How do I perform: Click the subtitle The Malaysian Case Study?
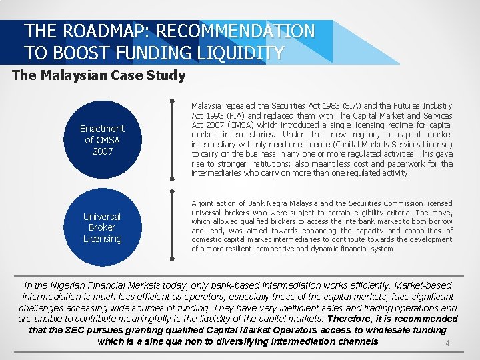click(99, 75)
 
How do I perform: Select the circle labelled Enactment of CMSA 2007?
click(102, 139)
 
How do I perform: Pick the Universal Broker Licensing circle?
click(102, 227)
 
